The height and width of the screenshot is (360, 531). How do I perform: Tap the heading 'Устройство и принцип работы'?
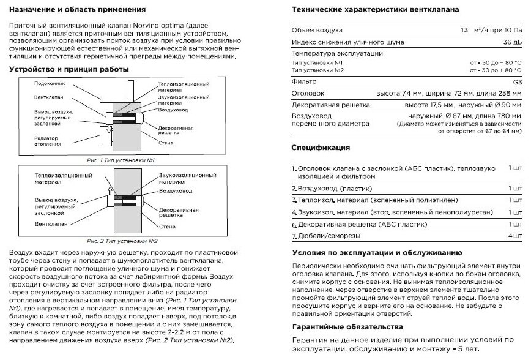point(69,69)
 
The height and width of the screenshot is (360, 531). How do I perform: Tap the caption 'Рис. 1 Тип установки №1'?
point(119,159)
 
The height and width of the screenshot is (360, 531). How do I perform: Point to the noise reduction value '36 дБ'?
point(512,42)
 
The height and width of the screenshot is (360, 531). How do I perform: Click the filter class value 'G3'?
point(517,81)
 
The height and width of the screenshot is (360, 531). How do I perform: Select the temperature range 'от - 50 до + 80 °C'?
point(496,63)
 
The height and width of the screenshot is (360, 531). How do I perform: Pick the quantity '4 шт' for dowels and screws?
point(514,235)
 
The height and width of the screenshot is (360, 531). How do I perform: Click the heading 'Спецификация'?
point(321,148)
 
